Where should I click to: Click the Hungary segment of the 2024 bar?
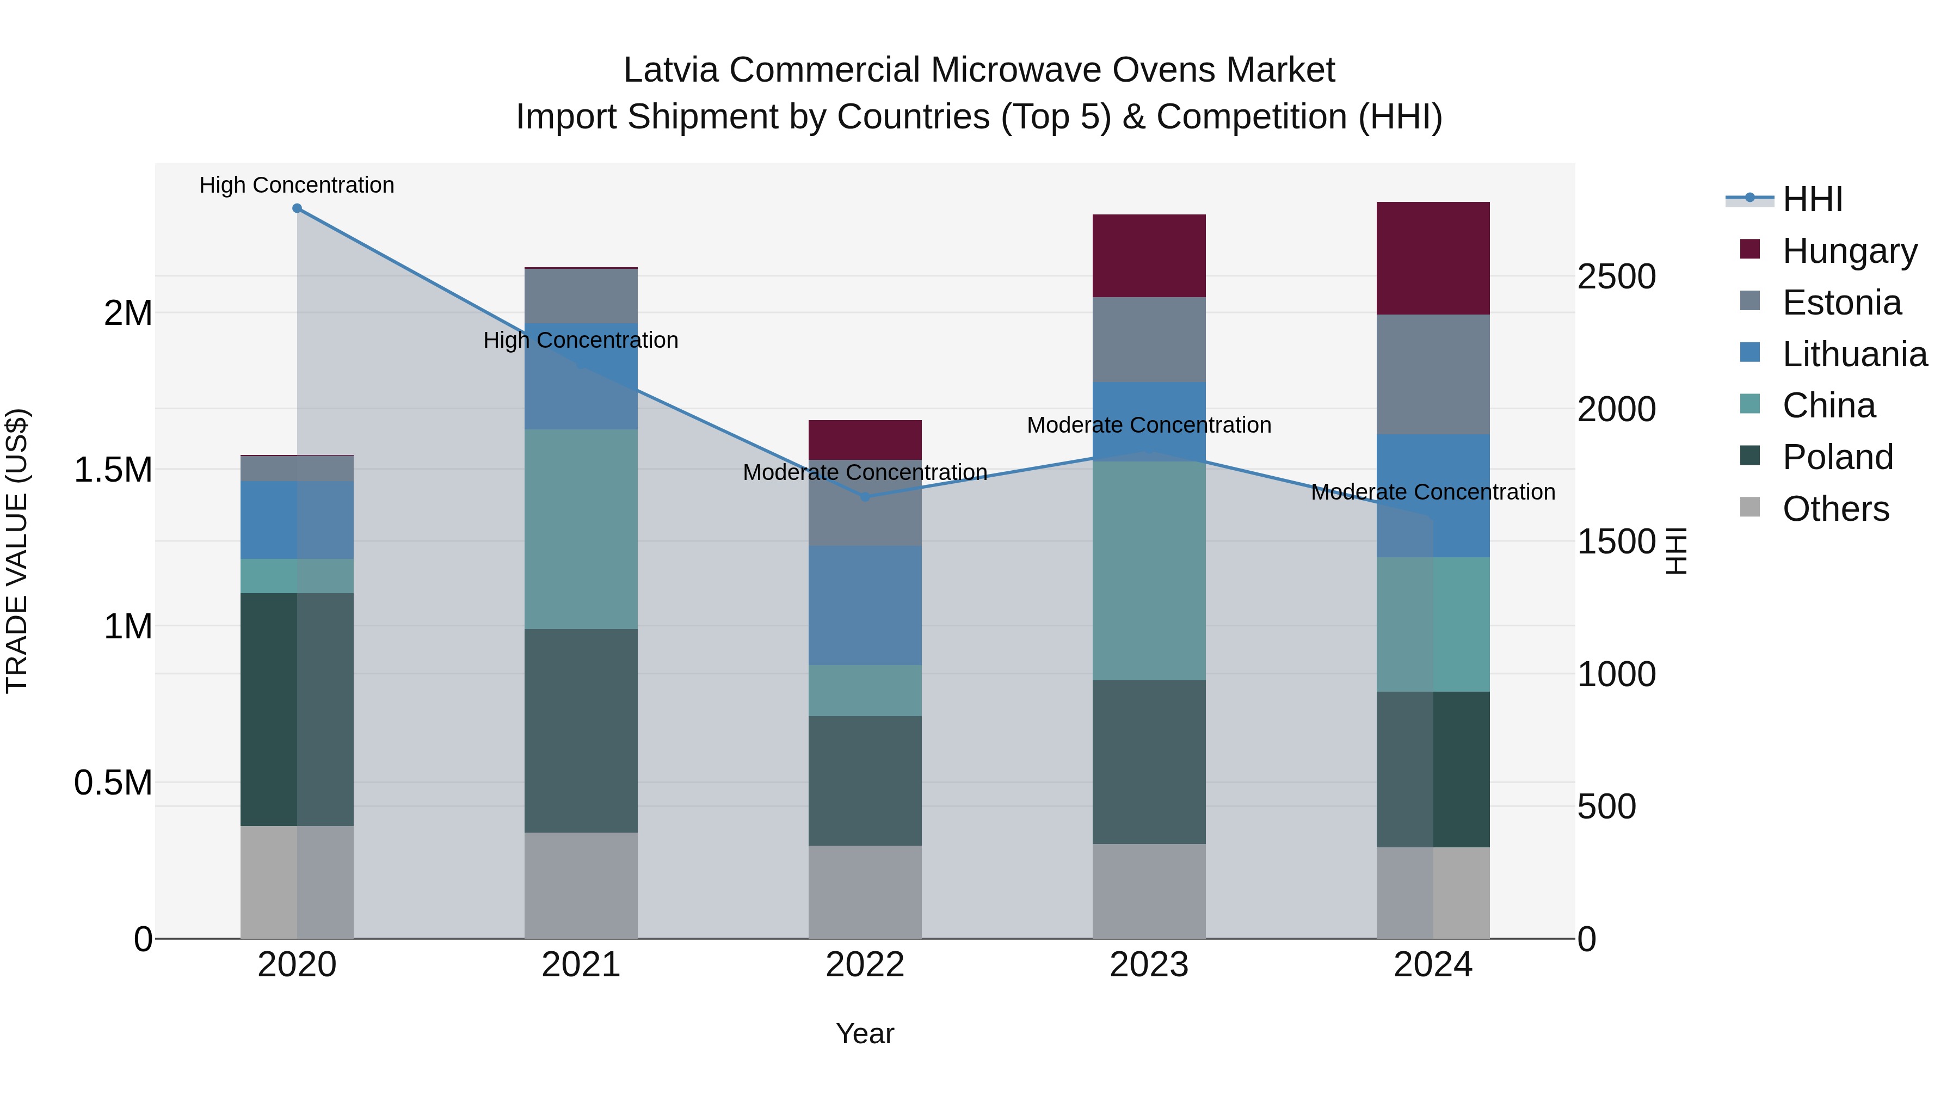[1433, 258]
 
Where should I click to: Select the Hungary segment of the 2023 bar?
[1148, 256]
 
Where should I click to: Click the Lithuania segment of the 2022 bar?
[865, 605]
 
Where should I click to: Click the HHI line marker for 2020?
[297, 208]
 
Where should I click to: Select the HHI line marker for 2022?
[865, 497]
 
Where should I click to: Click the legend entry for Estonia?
[1841, 303]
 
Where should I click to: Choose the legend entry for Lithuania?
[1854, 354]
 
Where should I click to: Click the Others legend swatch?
[1750, 507]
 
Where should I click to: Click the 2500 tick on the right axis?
[1616, 277]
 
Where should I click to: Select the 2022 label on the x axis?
[865, 965]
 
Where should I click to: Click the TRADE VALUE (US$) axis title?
[17, 551]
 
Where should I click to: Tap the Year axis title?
[865, 1033]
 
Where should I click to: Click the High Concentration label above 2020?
[297, 185]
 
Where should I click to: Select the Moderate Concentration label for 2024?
[1433, 492]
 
